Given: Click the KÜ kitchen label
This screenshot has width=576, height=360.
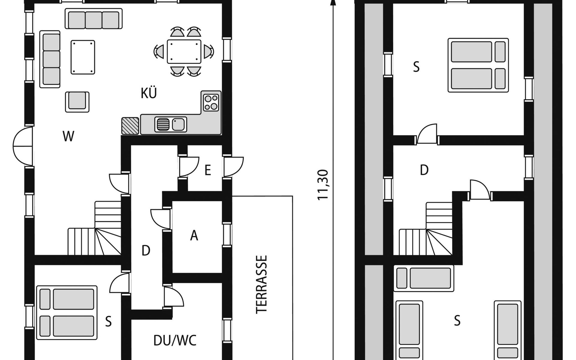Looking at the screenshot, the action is (149, 93).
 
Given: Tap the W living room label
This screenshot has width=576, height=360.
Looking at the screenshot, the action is (68, 136).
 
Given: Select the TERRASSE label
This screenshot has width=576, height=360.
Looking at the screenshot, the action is (261, 284).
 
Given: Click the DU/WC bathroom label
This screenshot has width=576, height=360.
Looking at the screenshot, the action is (175, 340).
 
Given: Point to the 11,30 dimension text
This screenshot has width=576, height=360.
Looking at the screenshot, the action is (323, 185).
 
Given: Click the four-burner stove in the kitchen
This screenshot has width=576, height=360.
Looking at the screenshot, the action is (211, 103).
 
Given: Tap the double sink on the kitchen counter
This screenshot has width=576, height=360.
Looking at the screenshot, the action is (171, 124).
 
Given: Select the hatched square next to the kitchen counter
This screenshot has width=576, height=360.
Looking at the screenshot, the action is (130, 126).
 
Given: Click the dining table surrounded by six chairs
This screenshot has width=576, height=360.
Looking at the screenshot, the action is (184, 52).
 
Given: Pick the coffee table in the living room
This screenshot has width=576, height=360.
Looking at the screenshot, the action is (83, 57).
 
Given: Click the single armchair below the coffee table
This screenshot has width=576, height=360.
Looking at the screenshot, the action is (77, 102).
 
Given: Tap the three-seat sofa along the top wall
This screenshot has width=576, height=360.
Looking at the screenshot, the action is (94, 19).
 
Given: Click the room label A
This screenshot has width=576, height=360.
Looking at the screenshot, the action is (194, 235).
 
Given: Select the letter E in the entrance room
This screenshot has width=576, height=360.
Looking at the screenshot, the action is (208, 170).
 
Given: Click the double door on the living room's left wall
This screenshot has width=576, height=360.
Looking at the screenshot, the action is (23, 146).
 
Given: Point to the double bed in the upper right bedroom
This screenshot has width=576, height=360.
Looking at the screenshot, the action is (478, 65).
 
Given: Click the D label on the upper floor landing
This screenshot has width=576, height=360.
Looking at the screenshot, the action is (424, 170).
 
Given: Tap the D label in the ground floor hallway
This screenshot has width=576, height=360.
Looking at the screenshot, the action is (146, 250).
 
